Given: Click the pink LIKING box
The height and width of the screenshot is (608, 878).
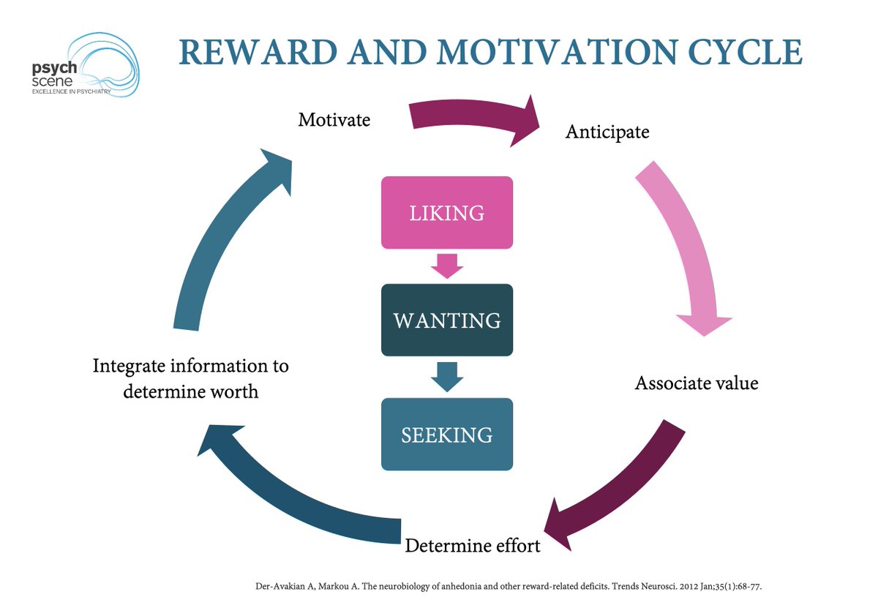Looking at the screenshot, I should pyautogui.click(x=446, y=212).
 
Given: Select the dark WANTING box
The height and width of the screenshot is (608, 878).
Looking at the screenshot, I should pyautogui.click(x=446, y=320).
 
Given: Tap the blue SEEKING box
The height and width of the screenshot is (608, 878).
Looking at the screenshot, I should pyautogui.click(x=446, y=434).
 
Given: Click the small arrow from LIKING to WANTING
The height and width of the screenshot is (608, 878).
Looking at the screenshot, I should pyautogui.click(x=446, y=266).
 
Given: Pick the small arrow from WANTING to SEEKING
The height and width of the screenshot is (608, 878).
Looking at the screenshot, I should pyautogui.click(x=446, y=375).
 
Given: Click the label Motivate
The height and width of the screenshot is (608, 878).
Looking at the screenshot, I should pyautogui.click(x=334, y=119).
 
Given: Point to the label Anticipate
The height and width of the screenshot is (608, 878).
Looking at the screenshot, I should pyautogui.click(x=607, y=132).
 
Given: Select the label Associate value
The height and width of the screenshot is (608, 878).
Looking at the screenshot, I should pyautogui.click(x=697, y=383).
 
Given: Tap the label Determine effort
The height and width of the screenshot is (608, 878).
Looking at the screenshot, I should pyautogui.click(x=473, y=545).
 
